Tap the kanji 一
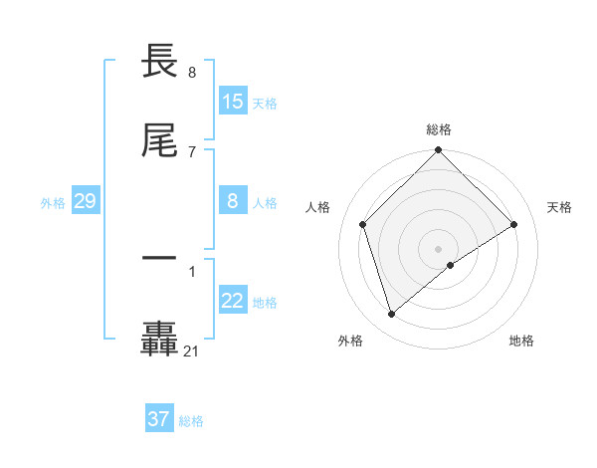(159, 259)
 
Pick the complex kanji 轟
(159, 339)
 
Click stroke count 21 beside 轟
(191, 351)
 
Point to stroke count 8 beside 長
(191, 73)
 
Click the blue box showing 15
(233, 102)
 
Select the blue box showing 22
(233, 302)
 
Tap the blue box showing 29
(85, 202)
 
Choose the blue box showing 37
(159, 419)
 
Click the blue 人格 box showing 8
(233, 202)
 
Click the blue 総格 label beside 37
(191, 421)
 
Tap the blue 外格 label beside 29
(53, 203)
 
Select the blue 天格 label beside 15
(265, 103)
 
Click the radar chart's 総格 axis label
(439, 129)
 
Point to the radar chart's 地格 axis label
(521, 341)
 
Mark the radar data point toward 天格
(514, 224)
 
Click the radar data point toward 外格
(392, 315)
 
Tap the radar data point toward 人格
(363, 224)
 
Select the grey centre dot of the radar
(439, 248)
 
